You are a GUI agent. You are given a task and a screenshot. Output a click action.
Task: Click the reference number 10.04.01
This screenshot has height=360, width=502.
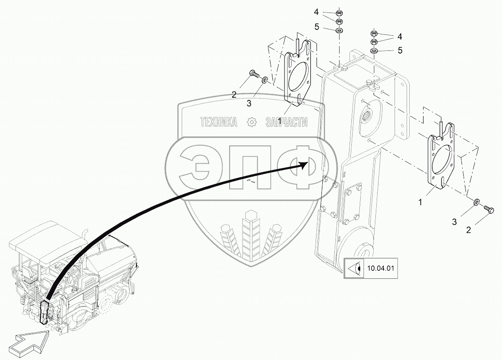(x=380, y=269)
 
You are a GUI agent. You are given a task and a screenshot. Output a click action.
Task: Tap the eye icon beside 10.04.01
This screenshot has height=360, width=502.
(x=354, y=269)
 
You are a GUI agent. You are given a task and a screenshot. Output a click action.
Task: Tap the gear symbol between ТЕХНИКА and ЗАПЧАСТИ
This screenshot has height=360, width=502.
(x=252, y=122)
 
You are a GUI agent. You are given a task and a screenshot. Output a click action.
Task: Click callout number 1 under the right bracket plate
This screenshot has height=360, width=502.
(x=420, y=202)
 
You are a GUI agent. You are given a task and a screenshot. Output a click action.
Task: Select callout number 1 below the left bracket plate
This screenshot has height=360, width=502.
(x=279, y=121)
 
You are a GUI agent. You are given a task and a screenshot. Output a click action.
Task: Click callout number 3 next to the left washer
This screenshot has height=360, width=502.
(x=249, y=103)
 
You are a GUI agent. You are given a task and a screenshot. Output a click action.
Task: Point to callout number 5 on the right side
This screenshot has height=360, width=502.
(x=399, y=50)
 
